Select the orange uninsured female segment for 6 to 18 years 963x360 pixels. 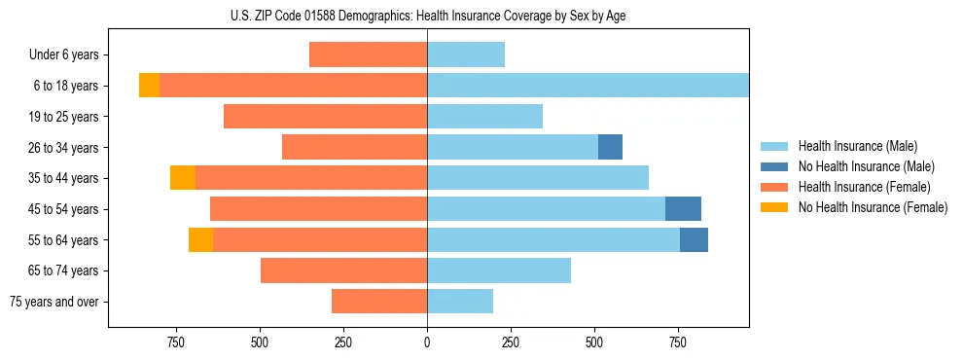[x=149, y=86]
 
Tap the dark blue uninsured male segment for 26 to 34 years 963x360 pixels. [x=610, y=147]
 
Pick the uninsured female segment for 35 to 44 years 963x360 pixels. [x=183, y=178]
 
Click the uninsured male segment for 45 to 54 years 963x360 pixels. [x=683, y=209]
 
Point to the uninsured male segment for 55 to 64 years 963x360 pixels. [x=694, y=239]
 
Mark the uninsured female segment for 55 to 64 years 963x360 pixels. [x=200, y=239]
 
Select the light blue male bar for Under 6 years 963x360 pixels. [x=466, y=54]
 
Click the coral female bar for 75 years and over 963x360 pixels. [x=379, y=302]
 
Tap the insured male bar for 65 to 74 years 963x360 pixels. [x=499, y=270]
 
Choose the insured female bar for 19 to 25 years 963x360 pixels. [x=325, y=117]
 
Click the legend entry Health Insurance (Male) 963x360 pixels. [x=857, y=146]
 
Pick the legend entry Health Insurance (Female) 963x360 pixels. [x=864, y=187]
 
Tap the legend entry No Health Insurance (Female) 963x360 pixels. [x=873, y=207]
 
